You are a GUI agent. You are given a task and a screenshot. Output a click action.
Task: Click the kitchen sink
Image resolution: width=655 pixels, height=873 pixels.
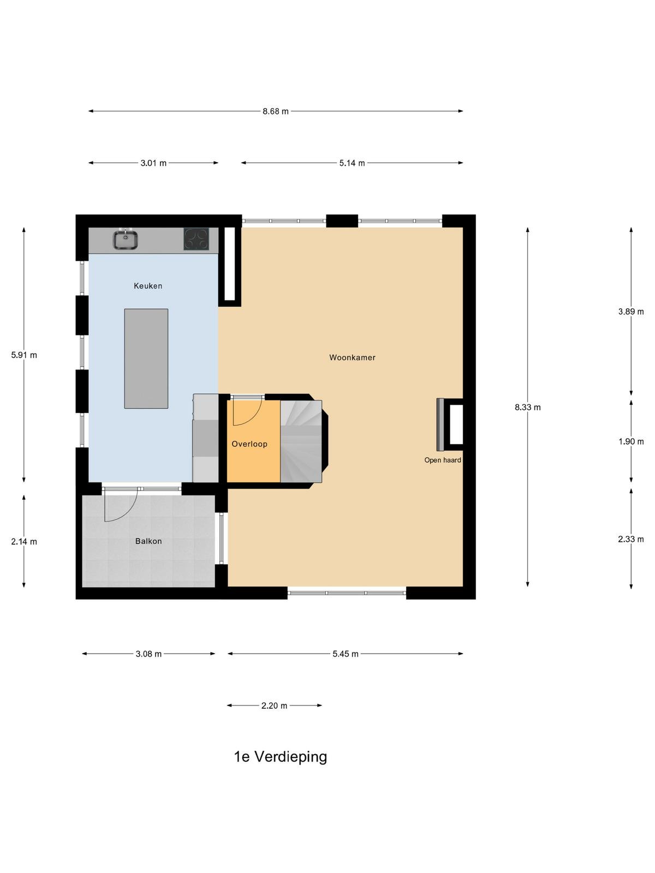126,240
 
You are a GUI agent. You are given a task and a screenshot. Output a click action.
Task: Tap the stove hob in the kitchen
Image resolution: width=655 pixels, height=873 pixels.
196,238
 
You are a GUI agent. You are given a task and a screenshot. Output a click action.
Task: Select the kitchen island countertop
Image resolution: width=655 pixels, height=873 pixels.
146,358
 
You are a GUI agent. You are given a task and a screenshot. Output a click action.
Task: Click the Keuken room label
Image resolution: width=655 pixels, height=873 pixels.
148,285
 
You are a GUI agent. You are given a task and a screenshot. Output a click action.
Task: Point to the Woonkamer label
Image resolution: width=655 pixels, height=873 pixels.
352,357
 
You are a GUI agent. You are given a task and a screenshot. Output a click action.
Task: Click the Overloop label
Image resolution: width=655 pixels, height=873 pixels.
249,444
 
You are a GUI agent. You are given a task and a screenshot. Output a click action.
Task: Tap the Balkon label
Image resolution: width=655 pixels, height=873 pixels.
148,541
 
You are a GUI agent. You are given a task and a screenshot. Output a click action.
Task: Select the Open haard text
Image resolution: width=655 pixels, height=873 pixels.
442,460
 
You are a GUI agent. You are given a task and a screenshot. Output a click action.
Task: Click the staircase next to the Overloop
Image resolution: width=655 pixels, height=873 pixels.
301,441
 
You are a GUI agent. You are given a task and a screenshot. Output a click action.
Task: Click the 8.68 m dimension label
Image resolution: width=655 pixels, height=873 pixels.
275,111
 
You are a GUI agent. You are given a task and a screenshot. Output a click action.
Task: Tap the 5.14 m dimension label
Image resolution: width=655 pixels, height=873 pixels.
352,163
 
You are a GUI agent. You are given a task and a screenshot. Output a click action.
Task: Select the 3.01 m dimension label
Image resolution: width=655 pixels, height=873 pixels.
153,163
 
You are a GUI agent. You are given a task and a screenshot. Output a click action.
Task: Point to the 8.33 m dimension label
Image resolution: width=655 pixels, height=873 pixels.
527,407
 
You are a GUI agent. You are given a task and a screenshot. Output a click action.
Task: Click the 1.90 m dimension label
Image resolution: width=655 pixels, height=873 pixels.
631,441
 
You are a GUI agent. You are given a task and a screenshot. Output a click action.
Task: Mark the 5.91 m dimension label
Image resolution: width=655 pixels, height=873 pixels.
24,355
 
